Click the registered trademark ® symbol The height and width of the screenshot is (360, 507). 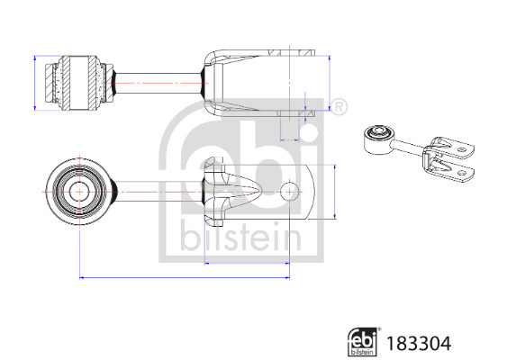(x=340, y=108)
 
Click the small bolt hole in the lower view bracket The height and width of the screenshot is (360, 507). (x=289, y=191)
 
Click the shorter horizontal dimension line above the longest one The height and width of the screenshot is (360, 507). (x=248, y=262)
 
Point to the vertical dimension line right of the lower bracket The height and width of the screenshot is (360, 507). (x=336, y=191)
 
